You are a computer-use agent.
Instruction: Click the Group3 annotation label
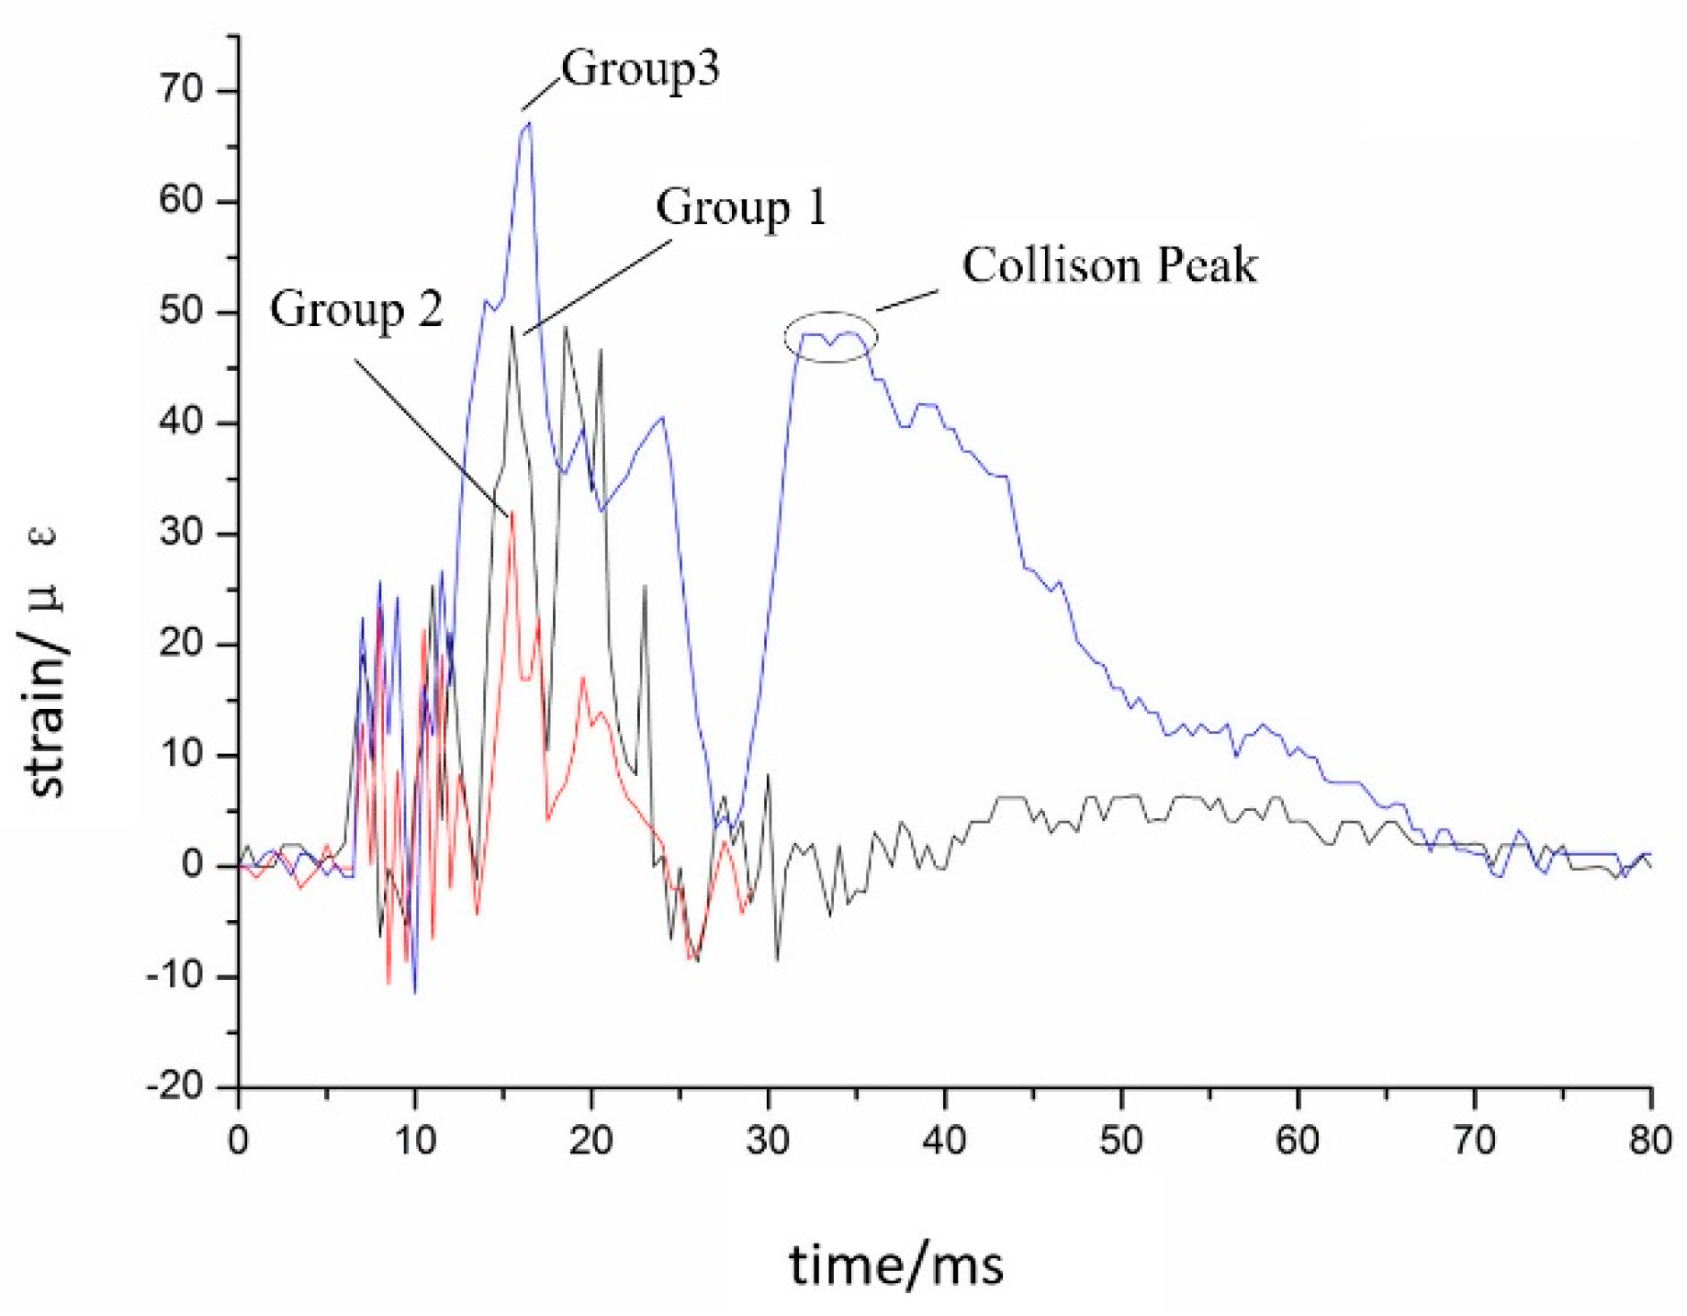click(640, 69)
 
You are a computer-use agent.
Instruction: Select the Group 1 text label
click(741, 208)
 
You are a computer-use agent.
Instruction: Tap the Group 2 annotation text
click(356, 309)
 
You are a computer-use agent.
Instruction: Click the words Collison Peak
click(1109, 265)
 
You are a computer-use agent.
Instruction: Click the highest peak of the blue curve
click(528, 124)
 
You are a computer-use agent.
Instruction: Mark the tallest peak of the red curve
click(512, 512)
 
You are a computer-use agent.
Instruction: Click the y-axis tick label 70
click(180, 90)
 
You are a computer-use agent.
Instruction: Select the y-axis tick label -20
click(174, 1087)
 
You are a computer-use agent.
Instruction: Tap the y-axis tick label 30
click(180, 533)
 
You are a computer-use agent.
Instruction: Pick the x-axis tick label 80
click(1650, 1141)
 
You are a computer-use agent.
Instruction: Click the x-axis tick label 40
click(944, 1141)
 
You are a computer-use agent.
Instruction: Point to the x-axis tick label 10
click(415, 1141)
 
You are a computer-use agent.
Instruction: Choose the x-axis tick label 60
click(1298, 1141)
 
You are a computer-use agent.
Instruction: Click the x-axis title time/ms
click(896, 1265)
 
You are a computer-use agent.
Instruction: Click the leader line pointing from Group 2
click(432, 437)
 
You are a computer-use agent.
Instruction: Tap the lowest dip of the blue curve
click(415, 992)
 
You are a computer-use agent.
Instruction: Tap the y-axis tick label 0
click(193, 865)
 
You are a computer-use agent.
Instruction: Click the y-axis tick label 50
click(180, 311)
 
